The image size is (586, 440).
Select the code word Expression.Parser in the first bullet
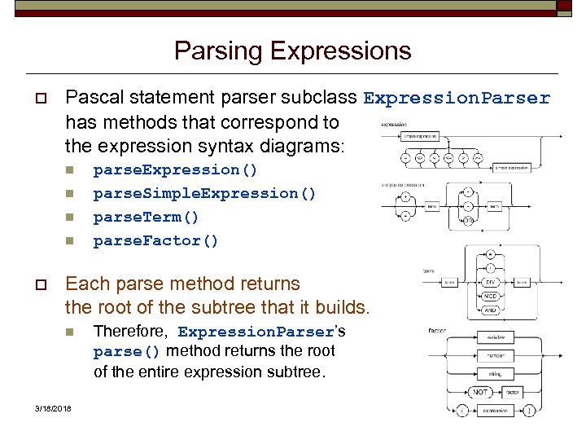[x=457, y=99]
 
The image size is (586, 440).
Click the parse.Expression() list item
[x=176, y=169]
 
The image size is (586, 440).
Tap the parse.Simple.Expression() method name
[x=205, y=193]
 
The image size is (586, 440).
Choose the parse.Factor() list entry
[x=156, y=240]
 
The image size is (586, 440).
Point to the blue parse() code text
[x=127, y=352]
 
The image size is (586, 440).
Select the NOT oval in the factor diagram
[x=481, y=392]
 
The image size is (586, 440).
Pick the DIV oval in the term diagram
[x=489, y=282]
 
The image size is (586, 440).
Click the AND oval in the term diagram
[x=489, y=310]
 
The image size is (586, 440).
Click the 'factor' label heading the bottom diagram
[x=436, y=330]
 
